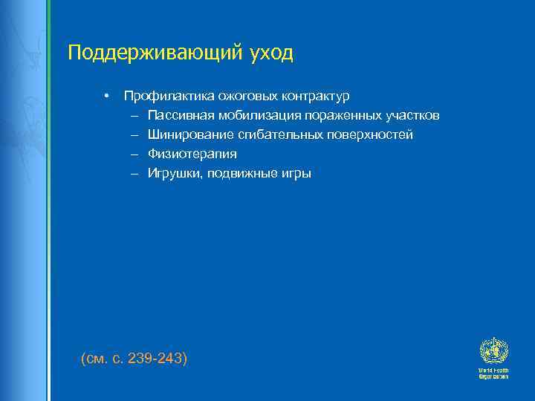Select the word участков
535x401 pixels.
[414, 116]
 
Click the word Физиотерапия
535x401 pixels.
[192, 154]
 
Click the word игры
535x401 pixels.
[293, 174]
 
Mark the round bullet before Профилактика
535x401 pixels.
[107, 97]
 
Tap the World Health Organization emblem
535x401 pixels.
[493, 351]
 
